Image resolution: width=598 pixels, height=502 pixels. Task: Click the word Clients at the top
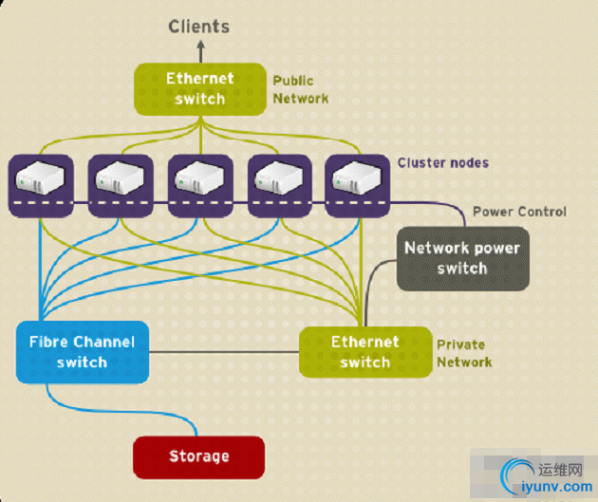tap(198, 26)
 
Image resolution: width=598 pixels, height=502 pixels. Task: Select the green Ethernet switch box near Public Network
tap(200, 88)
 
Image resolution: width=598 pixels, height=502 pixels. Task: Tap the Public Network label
tap(300, 89)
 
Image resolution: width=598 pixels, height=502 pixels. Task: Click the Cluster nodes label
tap(443, 162)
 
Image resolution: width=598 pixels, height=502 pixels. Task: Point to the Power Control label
tap(518, 211)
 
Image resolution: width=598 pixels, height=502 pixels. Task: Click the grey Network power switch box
tap(462, 258)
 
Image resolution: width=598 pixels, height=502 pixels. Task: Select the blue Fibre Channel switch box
tap(82, 352)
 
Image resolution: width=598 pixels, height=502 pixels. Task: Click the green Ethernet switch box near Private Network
tap(364, 351)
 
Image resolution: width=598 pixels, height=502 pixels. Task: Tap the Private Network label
tap(464, 353)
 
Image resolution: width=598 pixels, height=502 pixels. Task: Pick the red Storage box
tap(198, 456)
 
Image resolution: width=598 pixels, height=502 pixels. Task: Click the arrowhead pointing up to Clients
tap(199, 44)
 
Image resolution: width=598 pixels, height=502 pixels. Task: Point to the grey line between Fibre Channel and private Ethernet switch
tap(224, 352)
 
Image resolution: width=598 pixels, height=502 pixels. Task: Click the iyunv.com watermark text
tap(551, 487)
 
